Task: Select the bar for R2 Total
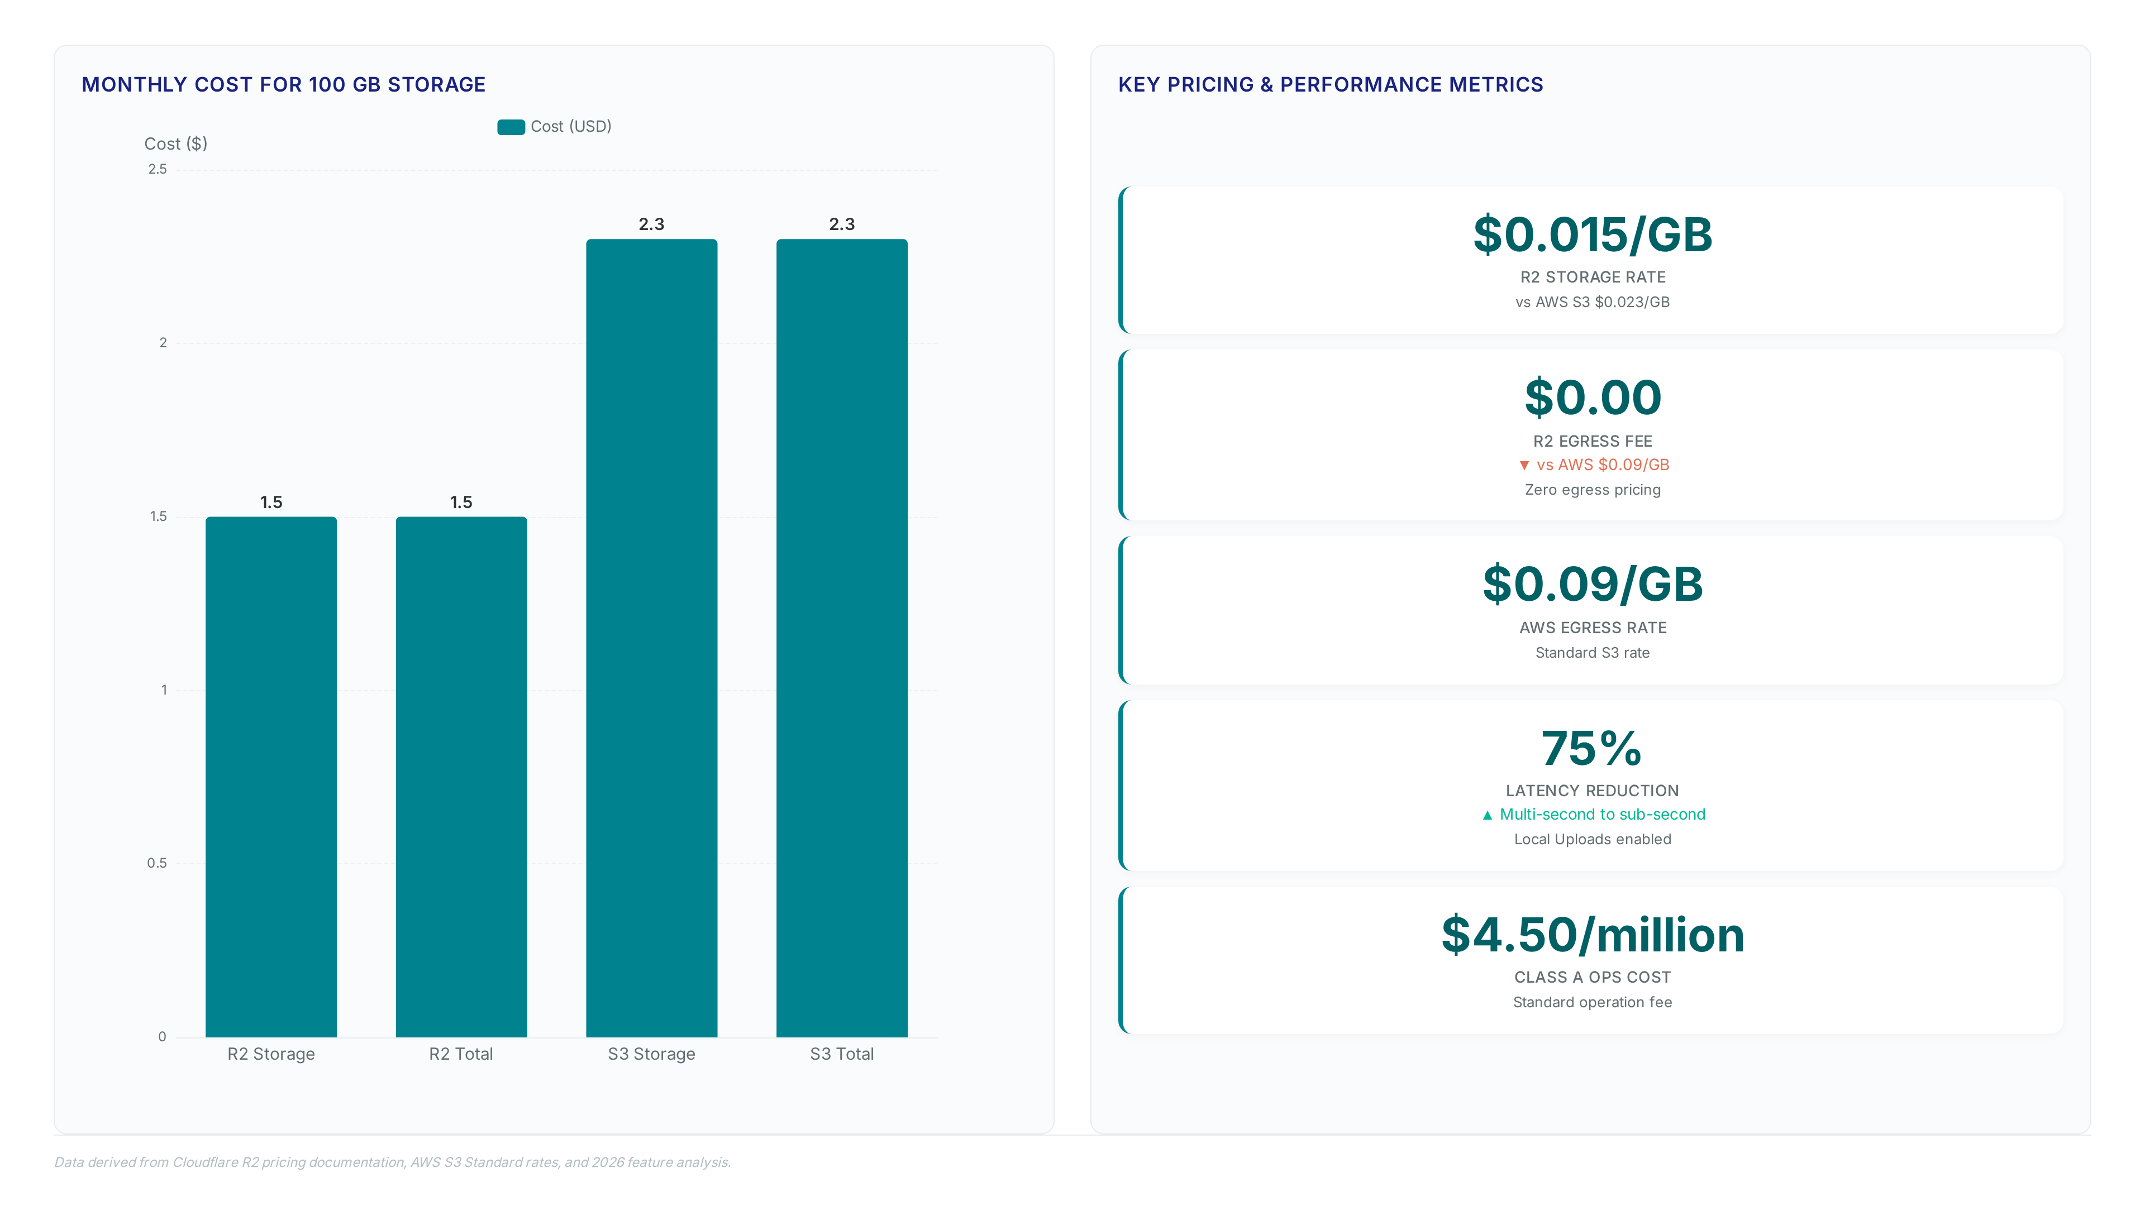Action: (461, 777)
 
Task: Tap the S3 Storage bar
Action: (651, 638)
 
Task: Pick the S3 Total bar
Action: (842, 638)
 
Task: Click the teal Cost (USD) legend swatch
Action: (511, 127)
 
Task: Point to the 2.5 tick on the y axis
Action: (158, 169)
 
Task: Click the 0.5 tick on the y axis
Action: (158, 863)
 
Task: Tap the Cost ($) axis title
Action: (176, 144)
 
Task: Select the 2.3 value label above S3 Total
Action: (842, 224)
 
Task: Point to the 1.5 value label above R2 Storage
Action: (271, 502)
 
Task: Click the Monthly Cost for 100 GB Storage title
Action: (283, 84)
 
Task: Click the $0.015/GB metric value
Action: (1592, 234)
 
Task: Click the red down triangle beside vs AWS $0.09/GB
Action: (1524, 465)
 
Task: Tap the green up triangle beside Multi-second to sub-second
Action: (1487, 815)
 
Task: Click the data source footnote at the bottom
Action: (392, 1162)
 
